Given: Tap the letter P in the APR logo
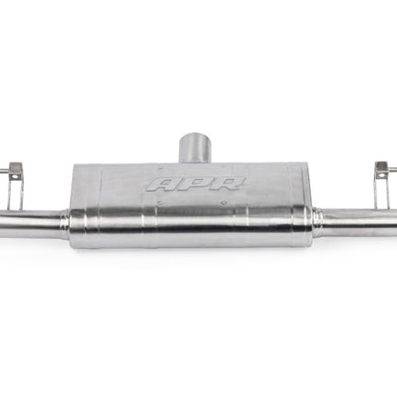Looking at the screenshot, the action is (x=194, y=184).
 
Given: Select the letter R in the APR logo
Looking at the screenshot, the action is (x=228, y=184).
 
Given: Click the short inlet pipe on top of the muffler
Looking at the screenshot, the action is (x=196, y=148).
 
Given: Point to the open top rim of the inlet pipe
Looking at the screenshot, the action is (x=196, y=137).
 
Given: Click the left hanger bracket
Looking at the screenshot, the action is (x=16, y=186).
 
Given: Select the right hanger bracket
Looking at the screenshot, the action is (x=382, y=184).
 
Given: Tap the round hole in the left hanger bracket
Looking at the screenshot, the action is (x=14, y=177).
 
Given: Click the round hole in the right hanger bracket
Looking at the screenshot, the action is (x=382, y=175).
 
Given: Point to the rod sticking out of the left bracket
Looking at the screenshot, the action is (x=4, y=171).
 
